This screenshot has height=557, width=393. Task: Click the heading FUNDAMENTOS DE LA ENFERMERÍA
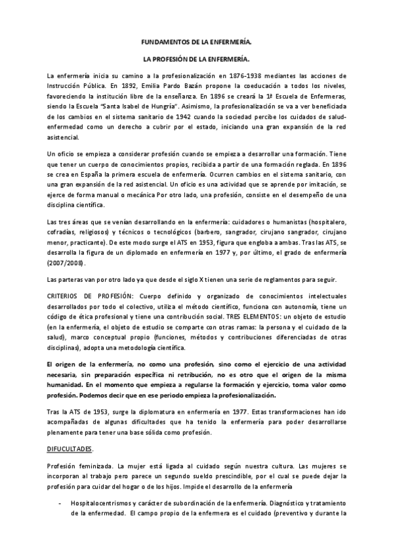(x=196, y=41)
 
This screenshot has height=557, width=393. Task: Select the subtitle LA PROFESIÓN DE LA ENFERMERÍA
(x=196, y=59)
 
